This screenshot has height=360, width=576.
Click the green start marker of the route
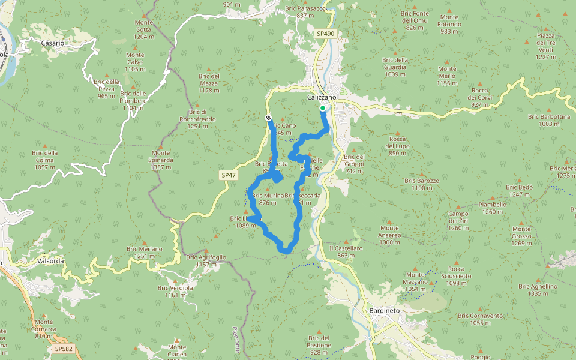coord(323,108)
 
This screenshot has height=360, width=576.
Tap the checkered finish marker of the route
coord(268,118)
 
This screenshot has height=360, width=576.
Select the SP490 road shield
coord(325,34)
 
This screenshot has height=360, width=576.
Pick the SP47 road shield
coord(228,175)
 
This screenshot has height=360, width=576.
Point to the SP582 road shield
coord(62,348)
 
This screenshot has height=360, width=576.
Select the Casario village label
coord(52,43)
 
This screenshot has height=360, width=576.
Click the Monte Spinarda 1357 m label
coord(160,163)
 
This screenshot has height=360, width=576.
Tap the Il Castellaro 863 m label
coord(346,251)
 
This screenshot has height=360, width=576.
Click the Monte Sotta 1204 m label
coord(143,29)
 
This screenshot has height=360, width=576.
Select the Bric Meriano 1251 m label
coord(145,252)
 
